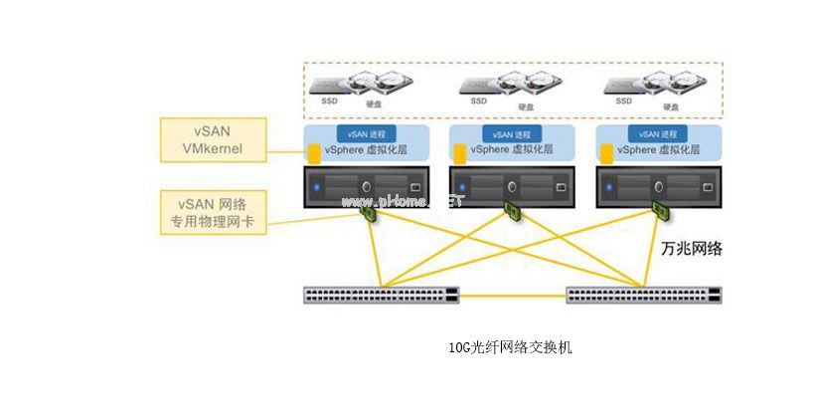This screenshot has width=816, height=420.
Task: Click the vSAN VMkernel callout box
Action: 214,140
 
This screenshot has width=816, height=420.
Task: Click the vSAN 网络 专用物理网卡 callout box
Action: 214,211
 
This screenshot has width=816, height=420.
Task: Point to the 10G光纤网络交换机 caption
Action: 511,348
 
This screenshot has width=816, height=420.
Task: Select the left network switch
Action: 382,295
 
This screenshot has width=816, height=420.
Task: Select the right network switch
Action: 644,295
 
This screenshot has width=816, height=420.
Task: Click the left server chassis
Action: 367,186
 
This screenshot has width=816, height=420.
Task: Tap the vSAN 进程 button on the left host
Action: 367,132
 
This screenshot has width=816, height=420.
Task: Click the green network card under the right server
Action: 659,209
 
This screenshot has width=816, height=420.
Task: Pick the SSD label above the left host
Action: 329,101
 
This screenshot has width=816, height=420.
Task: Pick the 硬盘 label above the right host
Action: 671,106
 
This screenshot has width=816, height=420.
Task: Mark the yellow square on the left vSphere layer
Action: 314,153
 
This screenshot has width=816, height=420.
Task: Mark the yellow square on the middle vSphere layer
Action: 460,153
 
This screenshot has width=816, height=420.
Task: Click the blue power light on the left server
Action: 317,186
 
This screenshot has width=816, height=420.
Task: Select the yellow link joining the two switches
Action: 513,296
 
